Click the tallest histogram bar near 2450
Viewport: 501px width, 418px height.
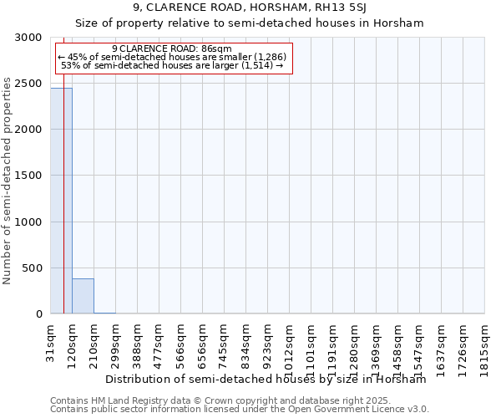(x=61, y=201)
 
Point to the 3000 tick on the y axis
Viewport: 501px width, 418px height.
(x=33, y=38)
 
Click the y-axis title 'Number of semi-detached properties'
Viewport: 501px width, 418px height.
(x=8, y=181)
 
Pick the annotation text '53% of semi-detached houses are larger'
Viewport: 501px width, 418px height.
(x=172, y=65)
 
